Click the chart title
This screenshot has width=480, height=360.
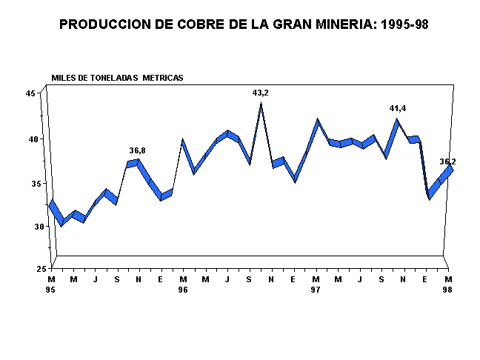click(244, 24)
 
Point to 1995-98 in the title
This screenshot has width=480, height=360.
click(404, 24)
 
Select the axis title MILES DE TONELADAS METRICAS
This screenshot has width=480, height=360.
click(117, 78)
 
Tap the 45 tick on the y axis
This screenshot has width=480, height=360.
click(30, 93)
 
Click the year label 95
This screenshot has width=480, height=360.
click(51, 290)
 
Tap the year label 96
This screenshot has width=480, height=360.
click(183, 290)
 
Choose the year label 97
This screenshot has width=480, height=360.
click(316, 290)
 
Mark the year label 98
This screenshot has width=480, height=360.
click(447, 290)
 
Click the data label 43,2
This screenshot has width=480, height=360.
click(261, 93)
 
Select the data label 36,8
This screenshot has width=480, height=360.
click(137, 150)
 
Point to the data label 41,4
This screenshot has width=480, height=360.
click(399, 109)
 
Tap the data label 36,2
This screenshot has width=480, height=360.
click(447, 161)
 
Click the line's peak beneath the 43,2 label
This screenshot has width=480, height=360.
click(261, 104)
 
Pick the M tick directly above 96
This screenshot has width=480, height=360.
click(183, 279)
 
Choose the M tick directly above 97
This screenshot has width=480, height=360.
click(316, 279)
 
